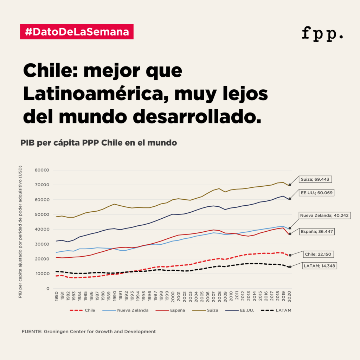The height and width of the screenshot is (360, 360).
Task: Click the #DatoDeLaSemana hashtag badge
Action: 77,32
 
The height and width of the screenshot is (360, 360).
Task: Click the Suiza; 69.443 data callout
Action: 315,179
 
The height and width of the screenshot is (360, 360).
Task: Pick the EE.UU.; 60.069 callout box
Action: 317,193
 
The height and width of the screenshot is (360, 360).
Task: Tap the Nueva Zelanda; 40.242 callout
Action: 324,216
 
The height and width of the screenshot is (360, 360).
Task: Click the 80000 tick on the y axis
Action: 42,170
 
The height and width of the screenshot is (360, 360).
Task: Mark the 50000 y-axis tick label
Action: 42,214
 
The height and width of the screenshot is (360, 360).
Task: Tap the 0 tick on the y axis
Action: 47,289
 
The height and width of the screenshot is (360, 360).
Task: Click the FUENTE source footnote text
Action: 88,332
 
